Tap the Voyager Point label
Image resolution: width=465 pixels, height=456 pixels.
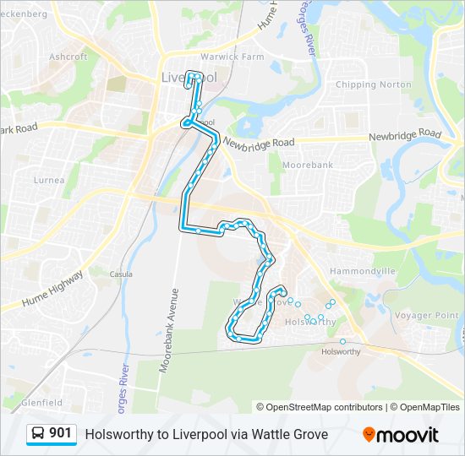tap(426, 315)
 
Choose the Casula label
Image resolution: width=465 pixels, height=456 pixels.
tap(121, 274)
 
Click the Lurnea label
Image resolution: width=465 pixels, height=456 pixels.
tap(49, 180)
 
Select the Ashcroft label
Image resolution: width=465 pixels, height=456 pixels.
tap(68, 57)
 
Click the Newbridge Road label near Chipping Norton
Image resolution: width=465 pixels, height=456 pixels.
tap(404, 135)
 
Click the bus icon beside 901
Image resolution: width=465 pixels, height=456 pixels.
tap(38, 434)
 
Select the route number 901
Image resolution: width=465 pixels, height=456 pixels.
tap(60, 433)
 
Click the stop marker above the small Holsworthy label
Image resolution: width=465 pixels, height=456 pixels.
tap(342, 341)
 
